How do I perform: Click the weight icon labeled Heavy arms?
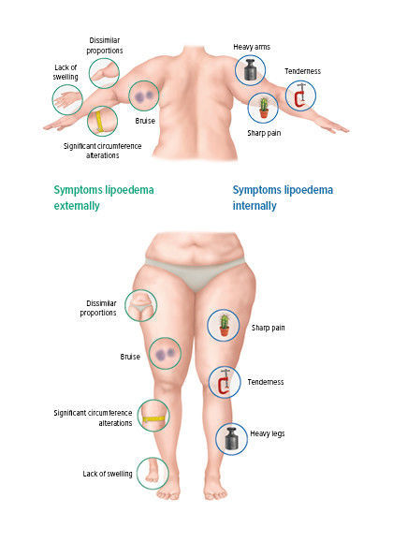click(250, 70)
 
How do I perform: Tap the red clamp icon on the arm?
click(300, 95)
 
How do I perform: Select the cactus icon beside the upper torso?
click(263, 108)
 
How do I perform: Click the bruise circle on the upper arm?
click(144, 95)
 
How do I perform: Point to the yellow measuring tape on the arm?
click(102, 121)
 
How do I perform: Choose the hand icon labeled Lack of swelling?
click(67, 99)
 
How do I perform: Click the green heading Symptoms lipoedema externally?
click(104, 198)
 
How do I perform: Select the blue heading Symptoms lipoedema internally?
click(283, 198)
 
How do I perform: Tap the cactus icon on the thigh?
click(224, 326)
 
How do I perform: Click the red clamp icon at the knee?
click(225, 382)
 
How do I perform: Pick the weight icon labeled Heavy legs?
click(231, 439)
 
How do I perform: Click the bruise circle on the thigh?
click(165, 354)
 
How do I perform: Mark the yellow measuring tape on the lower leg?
click(153, 416)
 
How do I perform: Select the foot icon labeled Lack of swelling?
click(153, 474)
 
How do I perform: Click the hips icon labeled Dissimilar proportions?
click(141, 305)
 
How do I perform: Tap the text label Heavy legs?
click(268, 433)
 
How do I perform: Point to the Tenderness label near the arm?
click(302, 71)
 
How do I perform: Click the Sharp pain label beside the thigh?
click(268, 328)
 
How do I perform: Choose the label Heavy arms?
click(252, 47)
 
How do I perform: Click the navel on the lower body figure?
click(194, 244)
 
